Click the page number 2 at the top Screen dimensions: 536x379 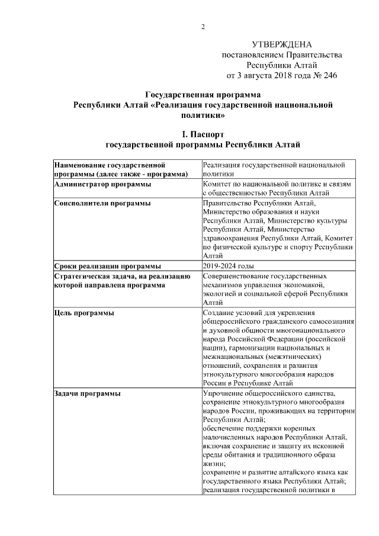click(x=203, y=26)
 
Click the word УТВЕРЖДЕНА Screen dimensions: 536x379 click(x=281, y=44)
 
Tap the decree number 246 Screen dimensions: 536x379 click(x=329, y=76)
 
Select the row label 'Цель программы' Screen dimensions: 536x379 click(x=83, y=312)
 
